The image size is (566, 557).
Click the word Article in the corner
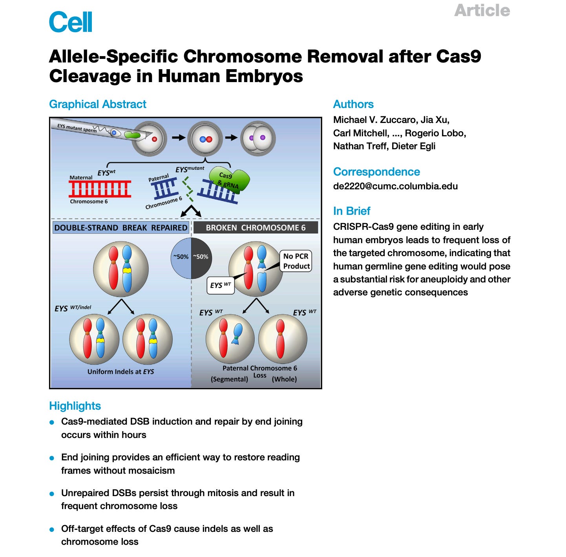(x=482, y=10)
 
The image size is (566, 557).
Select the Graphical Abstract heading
(x=97, y=104)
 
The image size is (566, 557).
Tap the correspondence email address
(x=395, y=186)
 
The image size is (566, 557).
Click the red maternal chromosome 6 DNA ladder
(x=100, y=189)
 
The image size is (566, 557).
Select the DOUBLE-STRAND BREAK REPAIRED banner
(x=121, y=228)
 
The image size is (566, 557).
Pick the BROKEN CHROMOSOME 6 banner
(x=256, y=228)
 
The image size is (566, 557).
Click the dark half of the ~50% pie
(x=201, y=257)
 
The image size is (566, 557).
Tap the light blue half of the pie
(x=181, y=257)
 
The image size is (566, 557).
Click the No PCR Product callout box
(x=296, y=261)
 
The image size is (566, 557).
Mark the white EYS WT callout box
(x=220, y=285)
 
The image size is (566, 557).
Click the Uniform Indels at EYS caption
(x=121, y=372)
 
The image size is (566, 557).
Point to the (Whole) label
(x=284, y=379)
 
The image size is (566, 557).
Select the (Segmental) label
(x=229, y=379)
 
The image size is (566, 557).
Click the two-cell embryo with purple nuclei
(x=258, y=138)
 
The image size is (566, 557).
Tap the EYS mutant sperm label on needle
(x=77, y=128)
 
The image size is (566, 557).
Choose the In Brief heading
(x=352, y=211)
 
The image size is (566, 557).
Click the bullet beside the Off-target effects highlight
(x=52, y=530)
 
